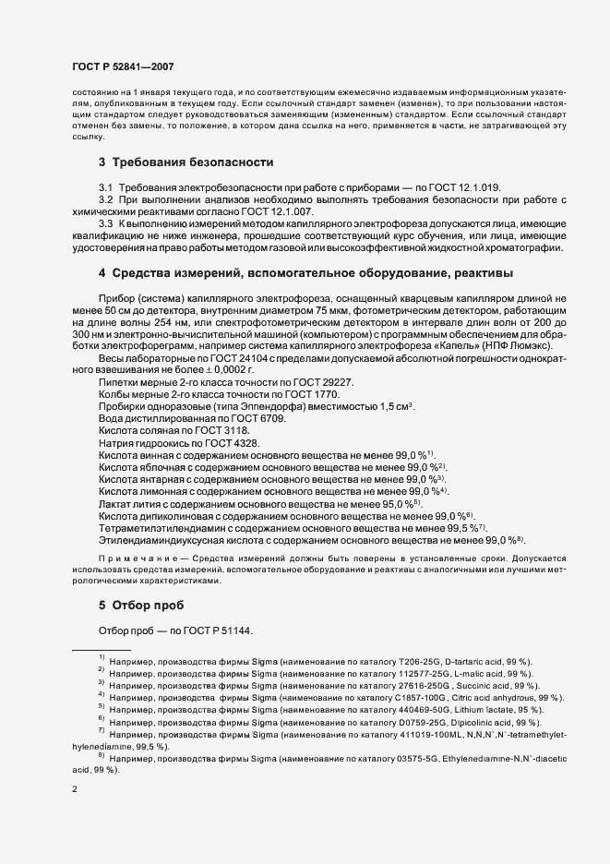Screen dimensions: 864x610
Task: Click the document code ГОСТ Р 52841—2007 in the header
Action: coord(122,67)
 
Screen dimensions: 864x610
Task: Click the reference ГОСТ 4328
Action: coord(235,442)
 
